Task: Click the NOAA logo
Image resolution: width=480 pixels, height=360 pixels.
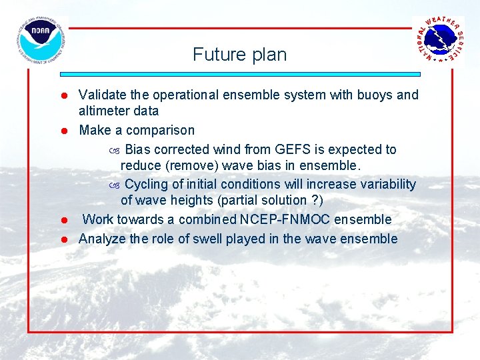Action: click(x=41, y=39)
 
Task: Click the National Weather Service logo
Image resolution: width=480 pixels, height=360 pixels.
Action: click(x=439, y=39)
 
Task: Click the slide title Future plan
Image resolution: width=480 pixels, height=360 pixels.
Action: click(x=239, y=54)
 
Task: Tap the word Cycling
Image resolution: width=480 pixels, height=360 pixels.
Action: click(x=145, y=184)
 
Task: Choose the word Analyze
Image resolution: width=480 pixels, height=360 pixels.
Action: click(x=102, y=239)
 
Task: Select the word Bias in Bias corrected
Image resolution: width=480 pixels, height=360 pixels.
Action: click(x=138, y=149)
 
